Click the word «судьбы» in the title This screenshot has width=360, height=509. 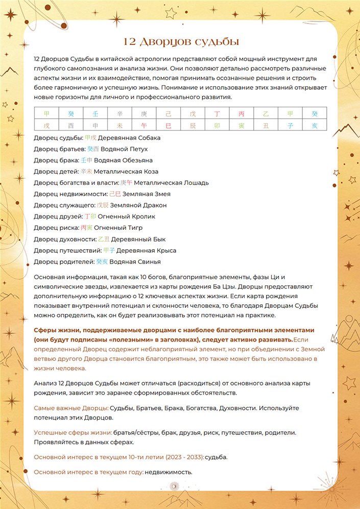tap(214, 41)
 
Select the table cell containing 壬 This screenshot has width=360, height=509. tap(94, 113)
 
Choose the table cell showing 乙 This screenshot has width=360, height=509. tap(266, 113)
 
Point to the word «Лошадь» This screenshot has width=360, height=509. tap(194, 183)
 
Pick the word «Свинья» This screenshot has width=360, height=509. tap(149, 261)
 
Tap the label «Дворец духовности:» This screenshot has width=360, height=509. tap(65, 239)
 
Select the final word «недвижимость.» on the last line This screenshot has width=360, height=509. tap(169, 472)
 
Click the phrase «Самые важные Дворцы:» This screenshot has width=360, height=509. tap(71, 408)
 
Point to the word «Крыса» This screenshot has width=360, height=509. tap(166, 250)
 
